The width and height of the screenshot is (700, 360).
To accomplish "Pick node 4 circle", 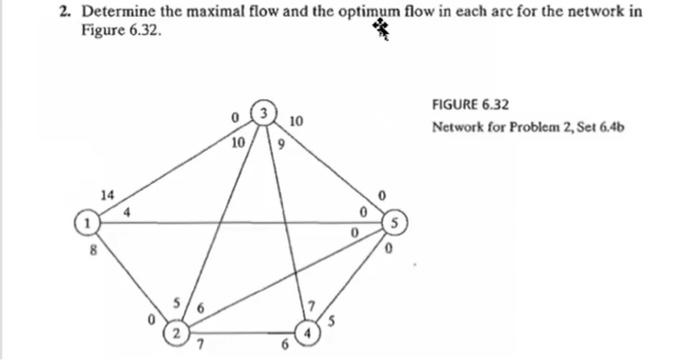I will click(312, 331).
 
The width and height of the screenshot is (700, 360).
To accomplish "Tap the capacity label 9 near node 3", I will click(282, 144).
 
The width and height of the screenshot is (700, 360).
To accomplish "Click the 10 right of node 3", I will click(294, 122).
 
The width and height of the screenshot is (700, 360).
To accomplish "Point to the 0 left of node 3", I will click(232, 120).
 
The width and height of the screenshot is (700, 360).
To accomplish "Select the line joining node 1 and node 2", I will click(131, 276).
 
